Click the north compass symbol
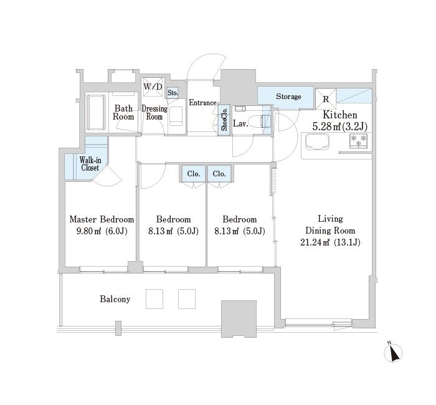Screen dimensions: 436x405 392,353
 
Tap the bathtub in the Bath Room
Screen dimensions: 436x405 96,112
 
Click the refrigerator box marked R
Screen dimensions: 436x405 326,98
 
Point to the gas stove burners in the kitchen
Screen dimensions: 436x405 358,141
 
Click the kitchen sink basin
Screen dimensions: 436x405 317,143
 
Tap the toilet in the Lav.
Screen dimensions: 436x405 257,121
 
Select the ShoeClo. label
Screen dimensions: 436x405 224,120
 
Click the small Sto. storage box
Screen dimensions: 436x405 173,93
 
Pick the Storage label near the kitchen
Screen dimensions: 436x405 288,97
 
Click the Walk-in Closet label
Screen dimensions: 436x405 90,164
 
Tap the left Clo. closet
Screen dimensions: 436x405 194,174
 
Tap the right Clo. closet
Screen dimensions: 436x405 219,174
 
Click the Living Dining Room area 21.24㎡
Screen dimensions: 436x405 315,242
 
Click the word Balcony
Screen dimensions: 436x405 115,299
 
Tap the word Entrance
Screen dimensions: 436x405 202,103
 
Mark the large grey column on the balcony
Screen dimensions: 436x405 239,319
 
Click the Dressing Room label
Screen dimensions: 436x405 154,112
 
